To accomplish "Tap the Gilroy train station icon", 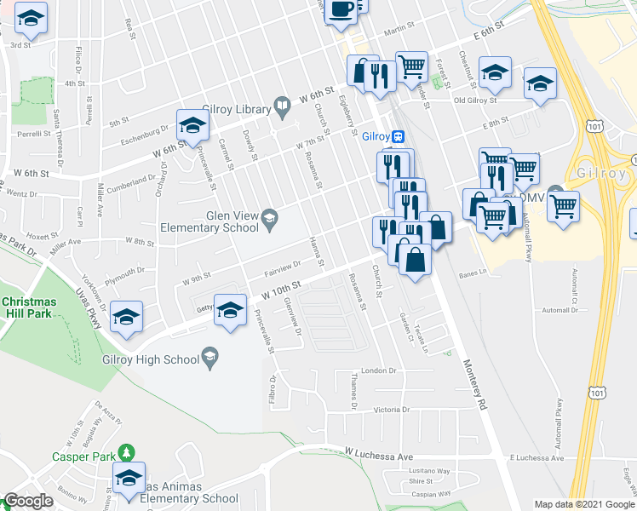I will [398, 136].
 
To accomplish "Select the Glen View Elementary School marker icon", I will [270, 216].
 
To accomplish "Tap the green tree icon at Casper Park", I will [127, 451].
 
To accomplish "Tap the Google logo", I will [28, 501].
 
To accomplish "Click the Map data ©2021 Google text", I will [584, 504].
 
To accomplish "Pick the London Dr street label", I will [380, 371].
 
